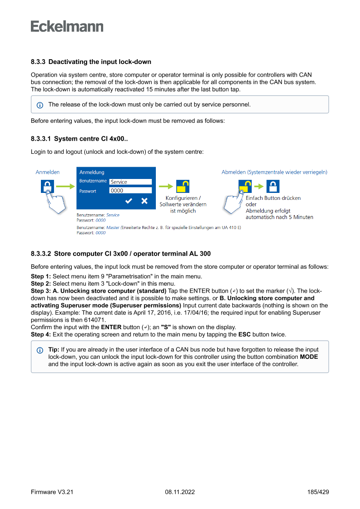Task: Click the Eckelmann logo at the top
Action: [67, 27]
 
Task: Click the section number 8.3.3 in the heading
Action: [38, 62]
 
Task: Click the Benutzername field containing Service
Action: [130, 182]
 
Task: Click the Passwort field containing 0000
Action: [130, 190]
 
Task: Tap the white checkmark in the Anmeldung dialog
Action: [129, 201]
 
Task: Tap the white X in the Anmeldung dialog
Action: [145, 201]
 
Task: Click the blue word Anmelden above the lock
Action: [47, 172]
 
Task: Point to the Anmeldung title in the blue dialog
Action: [92, 172]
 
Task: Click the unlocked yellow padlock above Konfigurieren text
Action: [183, 186]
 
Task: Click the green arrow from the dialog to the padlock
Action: [166, 187]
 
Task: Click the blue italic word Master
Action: [112, 227]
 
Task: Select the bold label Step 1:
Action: [41, 277]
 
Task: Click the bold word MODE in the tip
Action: [309, 357]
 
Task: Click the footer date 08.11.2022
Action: [180, 492]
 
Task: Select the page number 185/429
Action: [318, 492]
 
